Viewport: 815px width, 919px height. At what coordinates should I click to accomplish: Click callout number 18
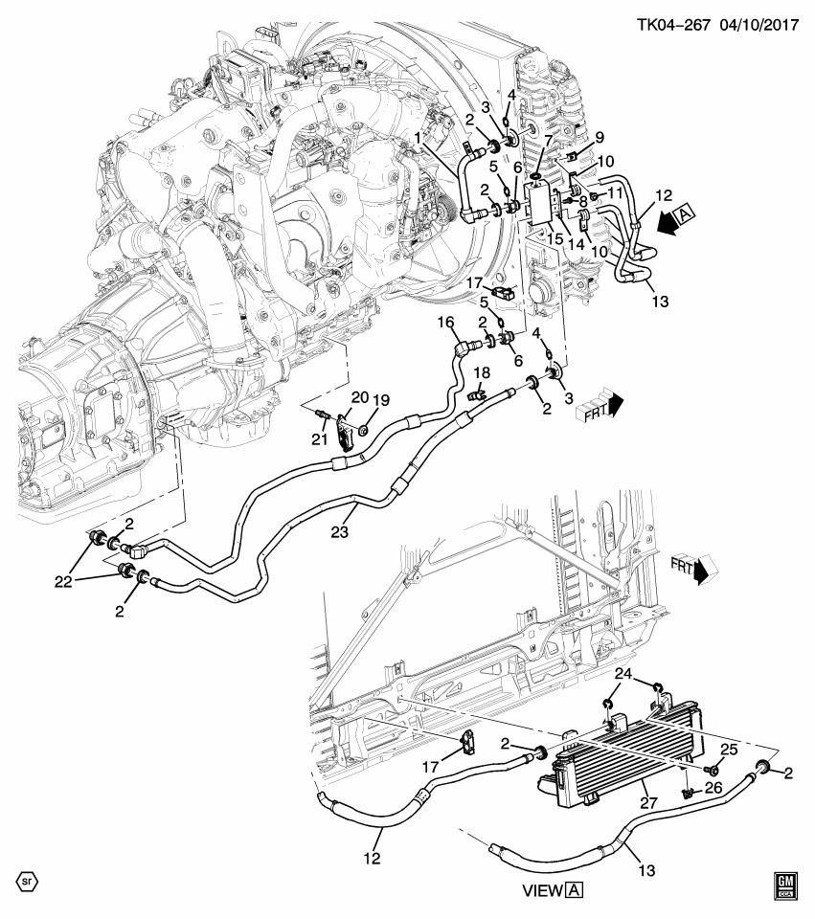click(x=482, y=371)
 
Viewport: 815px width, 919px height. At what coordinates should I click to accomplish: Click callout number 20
click(x=359, y=397)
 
